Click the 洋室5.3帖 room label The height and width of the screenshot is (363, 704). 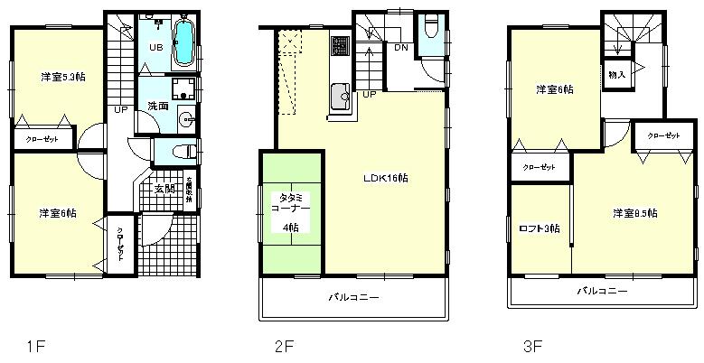(x=57, y=76)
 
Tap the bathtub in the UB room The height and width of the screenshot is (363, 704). (x=183, y=42)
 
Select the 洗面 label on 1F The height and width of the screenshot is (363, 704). (x=158, y=106)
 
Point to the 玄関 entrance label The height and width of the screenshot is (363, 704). (x=164, y=189)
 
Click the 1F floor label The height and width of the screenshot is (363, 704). (x=34, y=344)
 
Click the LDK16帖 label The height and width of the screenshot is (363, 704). (x=385, y=178)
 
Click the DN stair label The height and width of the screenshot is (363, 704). (x=400, y=48)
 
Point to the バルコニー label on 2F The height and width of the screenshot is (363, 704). (x=353, y=297)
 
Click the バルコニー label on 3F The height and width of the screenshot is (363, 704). (x=603, y=291)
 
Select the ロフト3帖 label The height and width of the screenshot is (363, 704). (x=540, y=228)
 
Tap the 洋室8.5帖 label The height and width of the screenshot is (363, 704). (x=634, y=213)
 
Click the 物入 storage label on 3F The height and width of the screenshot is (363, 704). (x=616, y=73)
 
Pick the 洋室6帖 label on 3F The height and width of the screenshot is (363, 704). (x=554, y=89)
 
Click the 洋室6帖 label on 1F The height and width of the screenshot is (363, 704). (x=57, y=213)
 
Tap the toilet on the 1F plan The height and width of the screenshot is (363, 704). (x=181, y=150)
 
